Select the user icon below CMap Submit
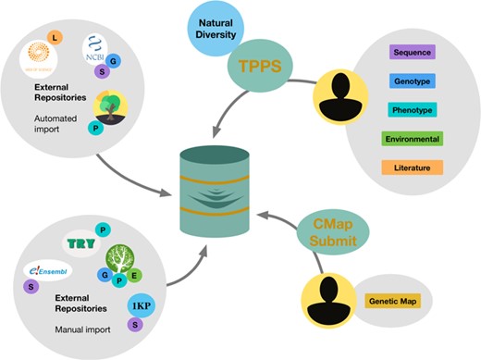[327, 300]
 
